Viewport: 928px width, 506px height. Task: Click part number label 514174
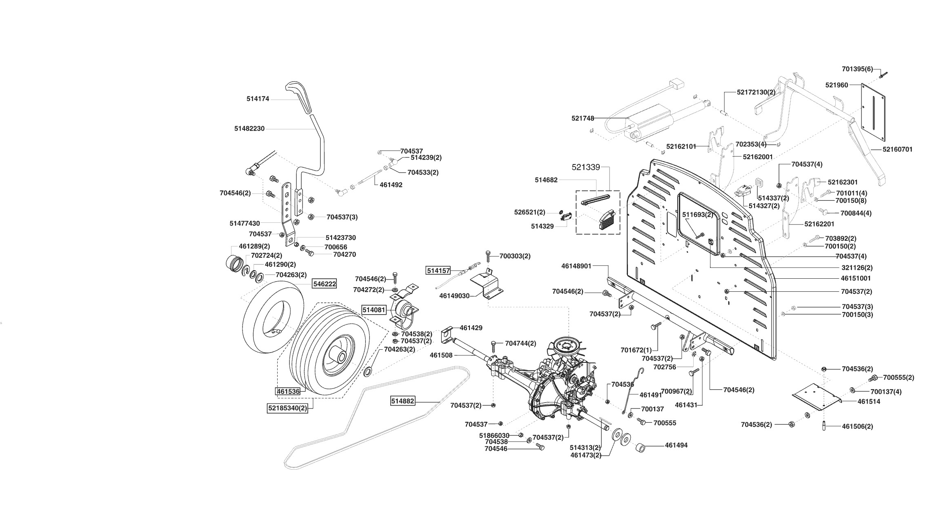(x=258, y=99)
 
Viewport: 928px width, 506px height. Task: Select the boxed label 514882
(x=403, y=401)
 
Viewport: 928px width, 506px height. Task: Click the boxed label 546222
(x=325, y=284)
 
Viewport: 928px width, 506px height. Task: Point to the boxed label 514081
(x=374, y=310)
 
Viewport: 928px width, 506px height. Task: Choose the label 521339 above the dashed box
(x=586, y=167)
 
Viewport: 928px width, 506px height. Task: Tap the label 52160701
(x=897, y=149)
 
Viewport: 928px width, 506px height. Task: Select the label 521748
(x=583, y=118)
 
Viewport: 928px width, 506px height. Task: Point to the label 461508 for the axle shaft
(x=441, y=355)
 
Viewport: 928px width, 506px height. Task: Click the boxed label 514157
(x=438, y=270)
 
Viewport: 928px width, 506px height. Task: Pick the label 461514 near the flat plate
(x=869, y=402)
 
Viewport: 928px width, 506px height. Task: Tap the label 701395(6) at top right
(x=857, y=69)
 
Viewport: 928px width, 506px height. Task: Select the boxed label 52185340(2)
(x=287, y=408)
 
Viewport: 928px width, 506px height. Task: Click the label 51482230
(x=249, y=129)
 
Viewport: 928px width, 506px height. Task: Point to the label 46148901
(x=576, y=266)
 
